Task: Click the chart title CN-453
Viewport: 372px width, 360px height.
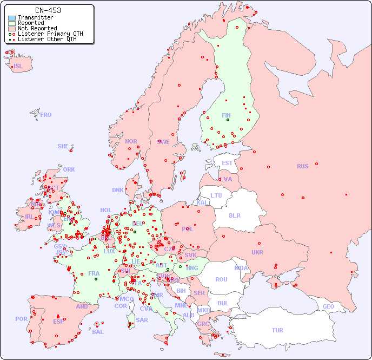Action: tap(48, 10)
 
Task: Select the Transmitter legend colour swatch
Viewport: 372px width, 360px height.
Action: tap(12, 18)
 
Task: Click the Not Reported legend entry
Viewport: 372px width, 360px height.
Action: tap(37, 28)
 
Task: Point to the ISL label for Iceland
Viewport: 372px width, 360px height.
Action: tap(18, 67)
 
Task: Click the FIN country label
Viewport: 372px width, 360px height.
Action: tap(226, 115)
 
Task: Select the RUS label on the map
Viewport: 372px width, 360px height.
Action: tap(302, 166)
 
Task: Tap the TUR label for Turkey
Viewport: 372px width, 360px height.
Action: tap(277, 330)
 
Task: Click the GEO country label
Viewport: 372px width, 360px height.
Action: tap(328, 306)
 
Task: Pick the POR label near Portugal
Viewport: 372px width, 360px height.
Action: tap(21, 319)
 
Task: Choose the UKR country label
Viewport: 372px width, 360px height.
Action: tap(257, 252)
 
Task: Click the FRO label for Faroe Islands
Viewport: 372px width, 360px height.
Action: tap(46, 115)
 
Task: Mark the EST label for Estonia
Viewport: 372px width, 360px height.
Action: tap(227, 163)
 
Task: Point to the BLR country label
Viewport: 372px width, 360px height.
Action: tap(234, 215)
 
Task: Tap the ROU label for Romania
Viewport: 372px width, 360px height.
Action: tap(221, 279)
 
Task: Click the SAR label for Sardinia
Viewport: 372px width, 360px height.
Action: tap(142, 320)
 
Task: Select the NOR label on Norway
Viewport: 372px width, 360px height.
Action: tap(131, 141)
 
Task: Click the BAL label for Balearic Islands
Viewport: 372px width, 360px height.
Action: tap(98, 332)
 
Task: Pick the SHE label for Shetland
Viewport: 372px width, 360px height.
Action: tap(63, 146)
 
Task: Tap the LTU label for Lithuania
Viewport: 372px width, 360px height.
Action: tap(216, 195)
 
